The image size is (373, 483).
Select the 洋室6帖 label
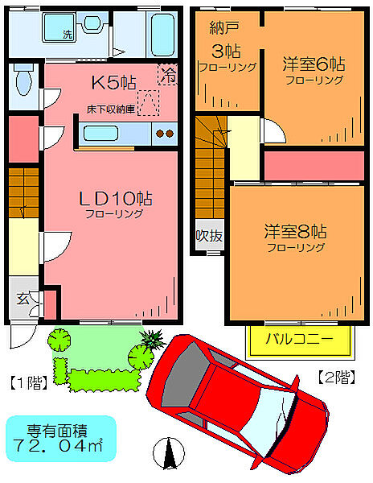(x=313, y=64)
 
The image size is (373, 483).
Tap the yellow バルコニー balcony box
(x=299, y=339)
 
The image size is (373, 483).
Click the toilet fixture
(x=23, y=81)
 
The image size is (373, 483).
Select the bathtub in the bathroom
(x=162, y=33)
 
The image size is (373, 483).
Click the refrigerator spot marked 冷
(x=167, y=74)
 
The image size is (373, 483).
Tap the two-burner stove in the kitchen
(x=164, y=133)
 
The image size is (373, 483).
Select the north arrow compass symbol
(x=170, y=454)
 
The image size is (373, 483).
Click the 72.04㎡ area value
(x=60, y=444)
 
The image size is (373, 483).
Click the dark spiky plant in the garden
(x=149, y=338)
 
